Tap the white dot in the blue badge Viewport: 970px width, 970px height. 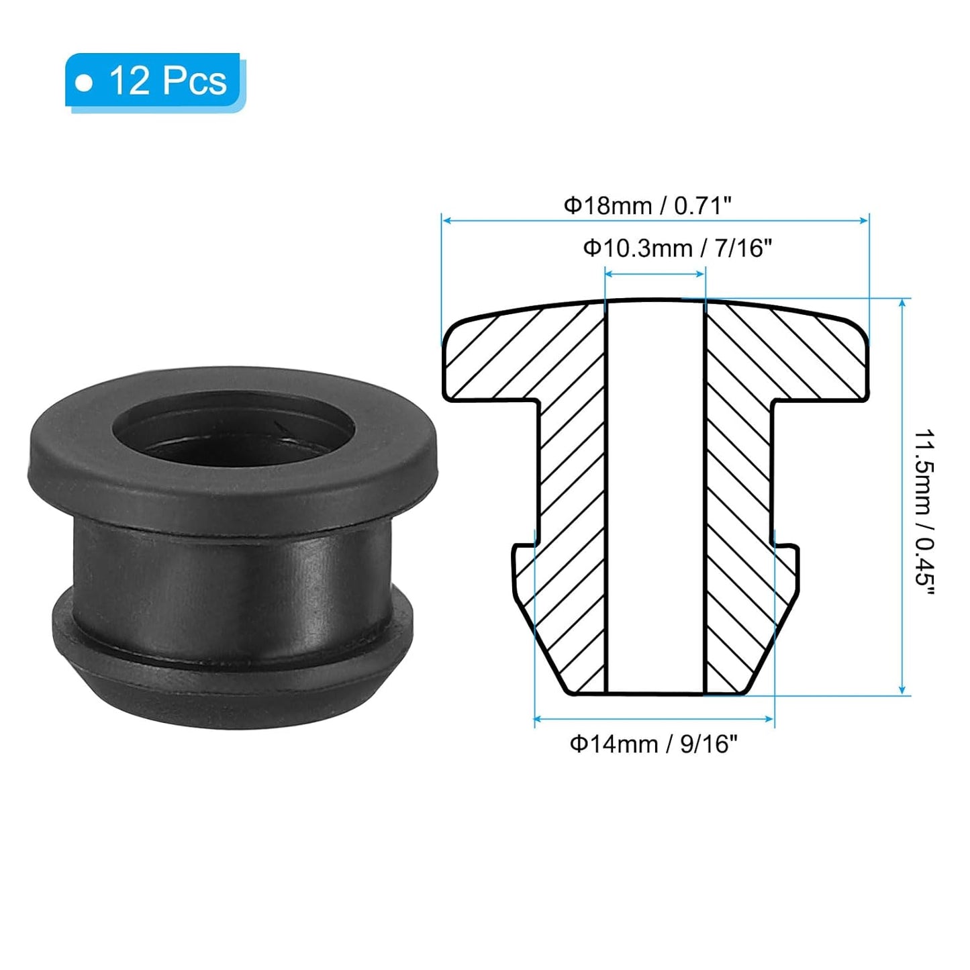tap(84, 83)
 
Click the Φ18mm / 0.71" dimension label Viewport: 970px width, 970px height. tap(646, 205)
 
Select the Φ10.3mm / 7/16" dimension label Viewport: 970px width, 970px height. tap(677, 248)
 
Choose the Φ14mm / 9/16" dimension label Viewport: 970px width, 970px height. tap(653, 744)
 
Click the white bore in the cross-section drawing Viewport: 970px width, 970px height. tap(654, 497)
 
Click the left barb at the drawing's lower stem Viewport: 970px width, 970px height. tap(524, 571)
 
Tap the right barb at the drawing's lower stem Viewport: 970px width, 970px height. tap(787, 571)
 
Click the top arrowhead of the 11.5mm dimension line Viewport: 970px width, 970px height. tap(902, 303)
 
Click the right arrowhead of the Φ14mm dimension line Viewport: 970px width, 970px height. tap(770, 720)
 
